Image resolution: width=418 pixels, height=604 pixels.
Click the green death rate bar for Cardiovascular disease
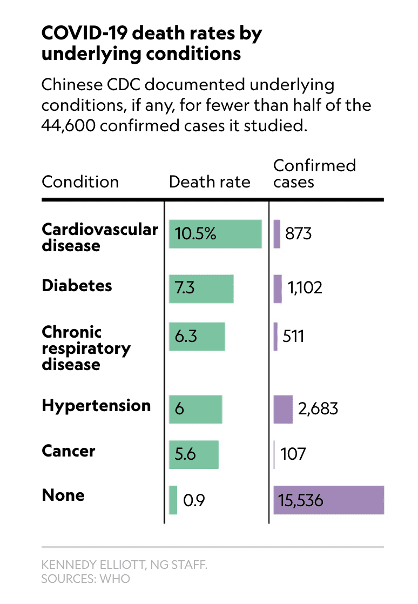pyautogui.click(x=215, y=234)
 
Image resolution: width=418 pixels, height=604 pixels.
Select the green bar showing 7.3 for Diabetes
pyautogui.click(x=201, y=288)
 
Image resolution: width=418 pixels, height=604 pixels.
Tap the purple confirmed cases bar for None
pyautogui.click(x=328, y=500)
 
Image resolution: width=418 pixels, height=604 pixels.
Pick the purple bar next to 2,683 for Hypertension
pyautogui.click(x=283, y=409)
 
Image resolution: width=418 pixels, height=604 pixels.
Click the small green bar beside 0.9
pyautogui.click(x=173, y=500)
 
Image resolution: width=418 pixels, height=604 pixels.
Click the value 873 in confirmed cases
pyautogui.click(x=298, y=234)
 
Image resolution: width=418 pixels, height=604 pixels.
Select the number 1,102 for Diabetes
pyautogui.click(x=305, y=287)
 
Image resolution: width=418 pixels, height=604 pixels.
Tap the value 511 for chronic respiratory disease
pyautogui.click(x=293, y=337)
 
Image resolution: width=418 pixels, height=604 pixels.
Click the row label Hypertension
pyautogui.click(x=96, y=406)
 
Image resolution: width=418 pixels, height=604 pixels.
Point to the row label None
pyautogui.click(x=63, y=495)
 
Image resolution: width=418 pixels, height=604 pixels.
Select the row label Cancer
pyautogui.click(x=69, y=451)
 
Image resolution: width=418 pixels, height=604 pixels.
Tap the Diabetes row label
pyautogui.click(x=77, y=285)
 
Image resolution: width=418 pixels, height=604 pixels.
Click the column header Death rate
pyautogui.click(x=210, y=182)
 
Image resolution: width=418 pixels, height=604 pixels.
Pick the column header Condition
pyautogui.click(x=80, y=182)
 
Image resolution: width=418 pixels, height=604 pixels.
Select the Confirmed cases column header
pyautogui.click(x=314, y=173)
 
